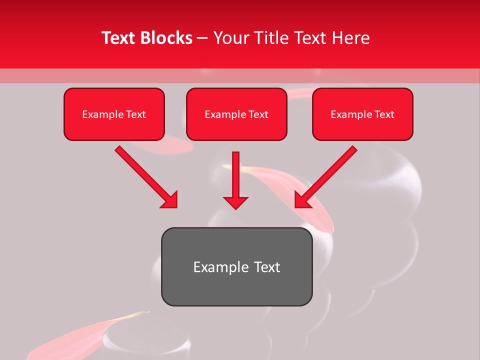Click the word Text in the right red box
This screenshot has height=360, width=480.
coord(384,114)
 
